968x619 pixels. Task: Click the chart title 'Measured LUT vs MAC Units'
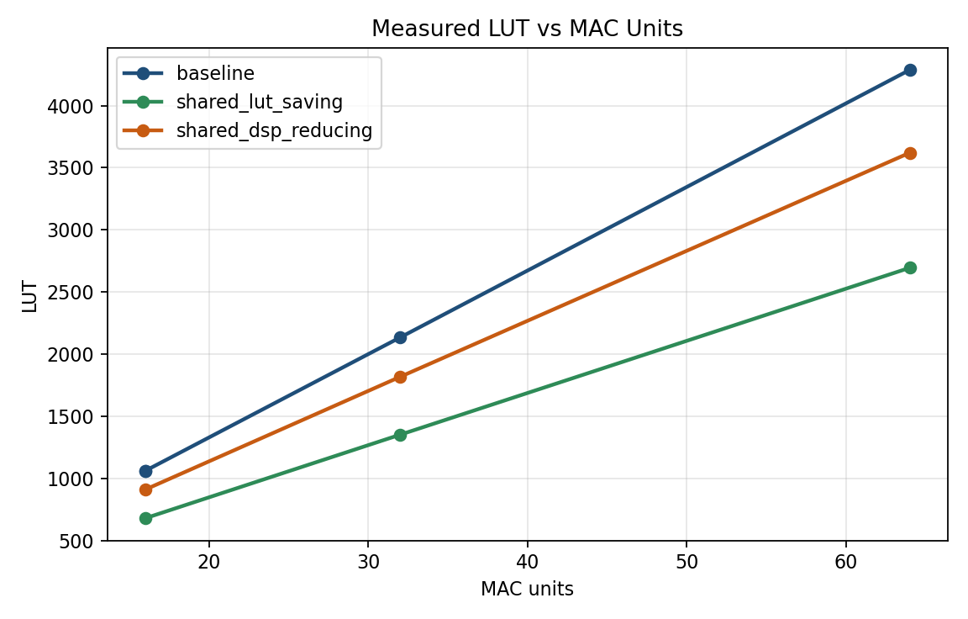coord(527,29)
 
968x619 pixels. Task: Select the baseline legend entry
coord(215,73)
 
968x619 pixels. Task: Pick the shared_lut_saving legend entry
coord(259,103)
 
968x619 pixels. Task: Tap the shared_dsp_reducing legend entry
coord(274,131)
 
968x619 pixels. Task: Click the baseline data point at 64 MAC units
coord(909,70)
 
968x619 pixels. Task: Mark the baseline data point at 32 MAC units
coord(400,337)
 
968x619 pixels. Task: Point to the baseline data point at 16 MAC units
coord(145,471)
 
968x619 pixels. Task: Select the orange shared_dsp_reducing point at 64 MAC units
coord(909,153)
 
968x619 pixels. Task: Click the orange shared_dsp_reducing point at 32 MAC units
coord(400,377)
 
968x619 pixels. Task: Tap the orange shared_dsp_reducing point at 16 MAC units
coord(145,489)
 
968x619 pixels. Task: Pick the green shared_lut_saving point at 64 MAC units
coord(909,267)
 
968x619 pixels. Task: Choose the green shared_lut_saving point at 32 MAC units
coord(400,435)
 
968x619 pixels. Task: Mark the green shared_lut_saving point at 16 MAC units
coord(145,518)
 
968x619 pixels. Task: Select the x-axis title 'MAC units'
coord(527,590)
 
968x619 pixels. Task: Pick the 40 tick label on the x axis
coord(527,561)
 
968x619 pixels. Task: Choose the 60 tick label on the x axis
coord(845,561)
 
